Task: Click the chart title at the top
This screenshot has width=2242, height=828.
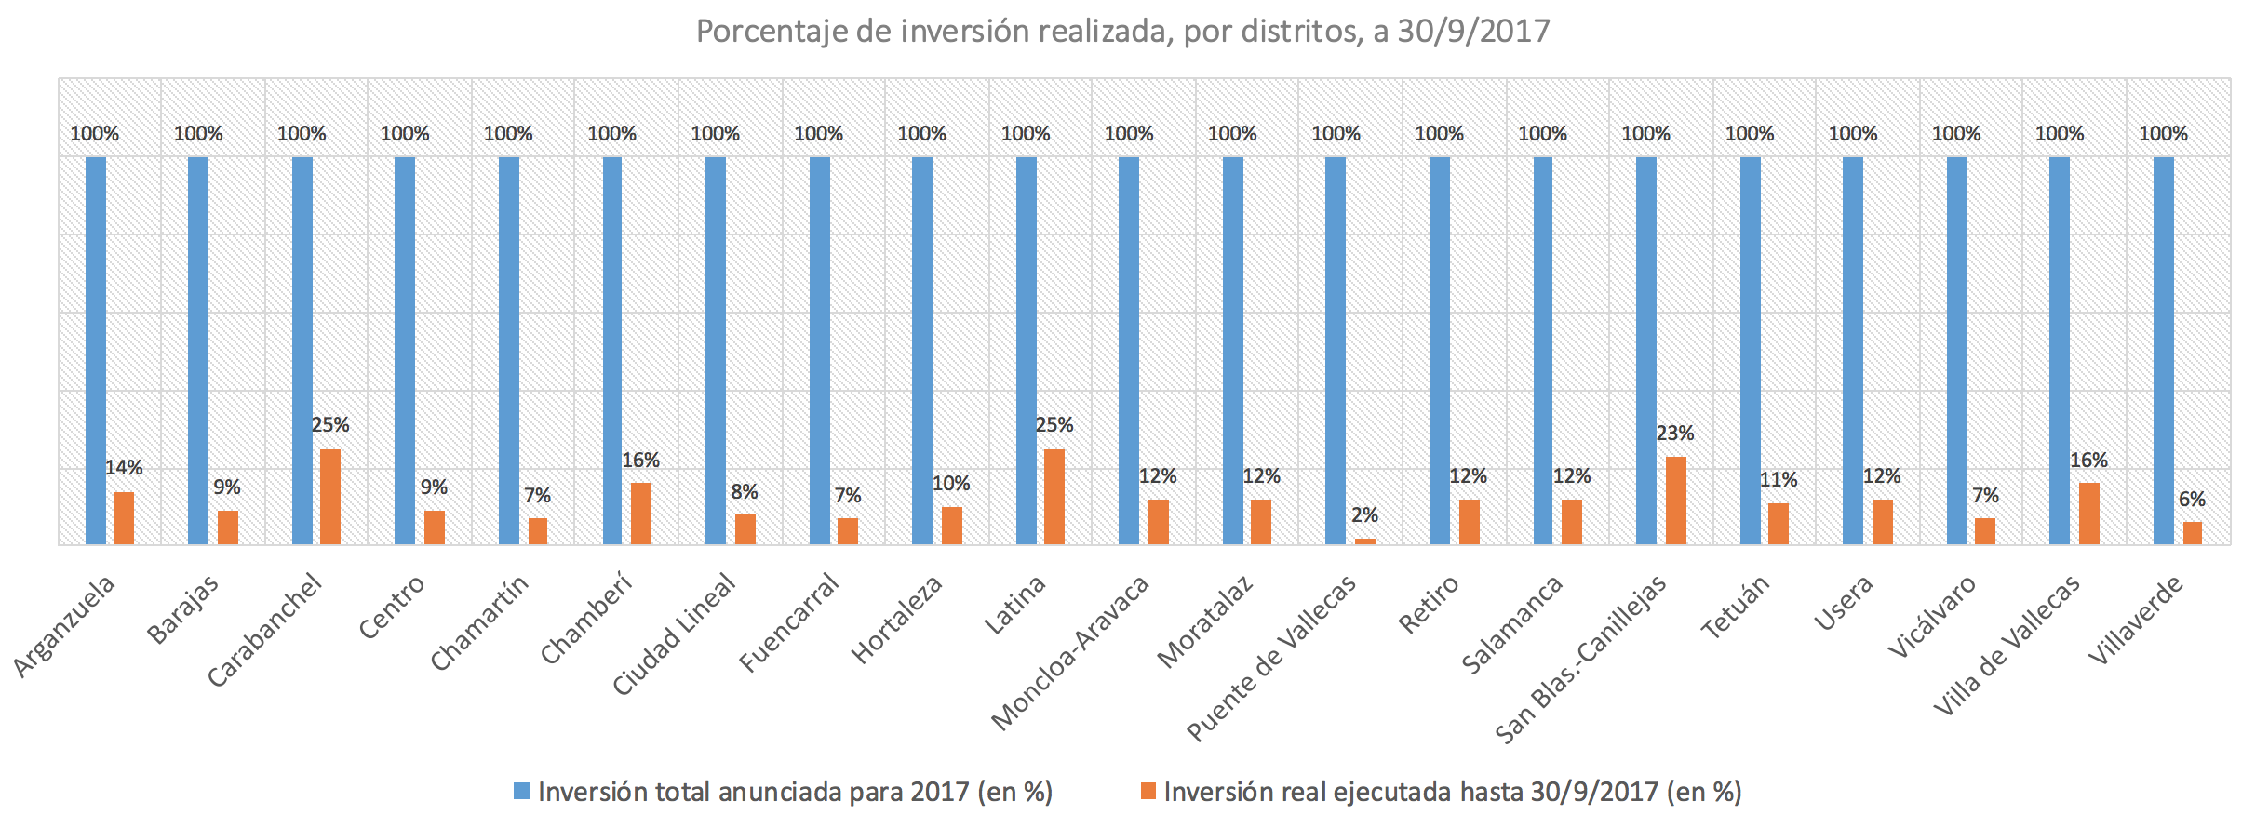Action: [1122, 32]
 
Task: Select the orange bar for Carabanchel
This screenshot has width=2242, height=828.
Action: [330, 497]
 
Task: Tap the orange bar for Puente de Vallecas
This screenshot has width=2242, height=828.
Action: [1364, 541]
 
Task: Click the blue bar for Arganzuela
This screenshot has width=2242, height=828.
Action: [96, 350]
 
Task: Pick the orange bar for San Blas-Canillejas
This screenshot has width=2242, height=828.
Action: [1675, 501]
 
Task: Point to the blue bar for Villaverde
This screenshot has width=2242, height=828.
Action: [2164, 350]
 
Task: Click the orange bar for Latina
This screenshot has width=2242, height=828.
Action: [1054, 497]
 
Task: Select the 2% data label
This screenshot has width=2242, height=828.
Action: [1364, 515]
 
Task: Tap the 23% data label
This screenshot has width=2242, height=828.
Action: [1675, 434]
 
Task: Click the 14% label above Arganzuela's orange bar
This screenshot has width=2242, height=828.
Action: [124, 468]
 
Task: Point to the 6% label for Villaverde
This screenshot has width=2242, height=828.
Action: [2192, 500]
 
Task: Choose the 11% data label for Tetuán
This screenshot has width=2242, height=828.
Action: [1779, 480]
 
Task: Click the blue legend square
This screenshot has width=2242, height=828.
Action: [522, 792]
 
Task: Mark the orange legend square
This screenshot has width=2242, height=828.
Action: [1148, 792]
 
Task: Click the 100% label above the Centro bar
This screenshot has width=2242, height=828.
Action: [405, 134]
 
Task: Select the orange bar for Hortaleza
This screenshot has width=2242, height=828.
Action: [951, 526]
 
